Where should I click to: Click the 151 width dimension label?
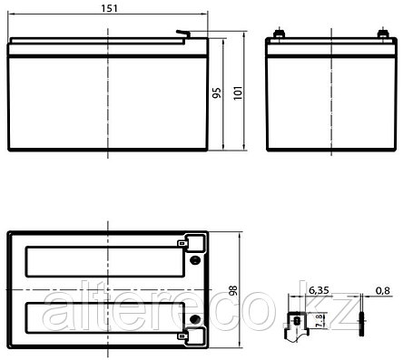109,8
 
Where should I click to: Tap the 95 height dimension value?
217,92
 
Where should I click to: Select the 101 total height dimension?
238,92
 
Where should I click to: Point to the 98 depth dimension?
234,290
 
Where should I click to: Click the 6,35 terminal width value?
319,290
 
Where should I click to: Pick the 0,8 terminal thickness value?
383,290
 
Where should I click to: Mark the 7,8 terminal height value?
319,321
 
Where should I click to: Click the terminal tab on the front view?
183,34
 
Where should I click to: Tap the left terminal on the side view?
279,34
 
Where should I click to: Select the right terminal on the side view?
383,34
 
